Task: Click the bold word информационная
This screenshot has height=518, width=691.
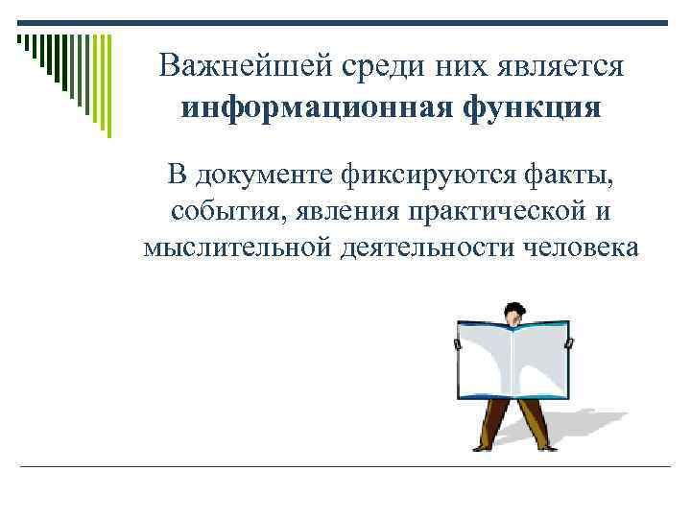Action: coord(315,106)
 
